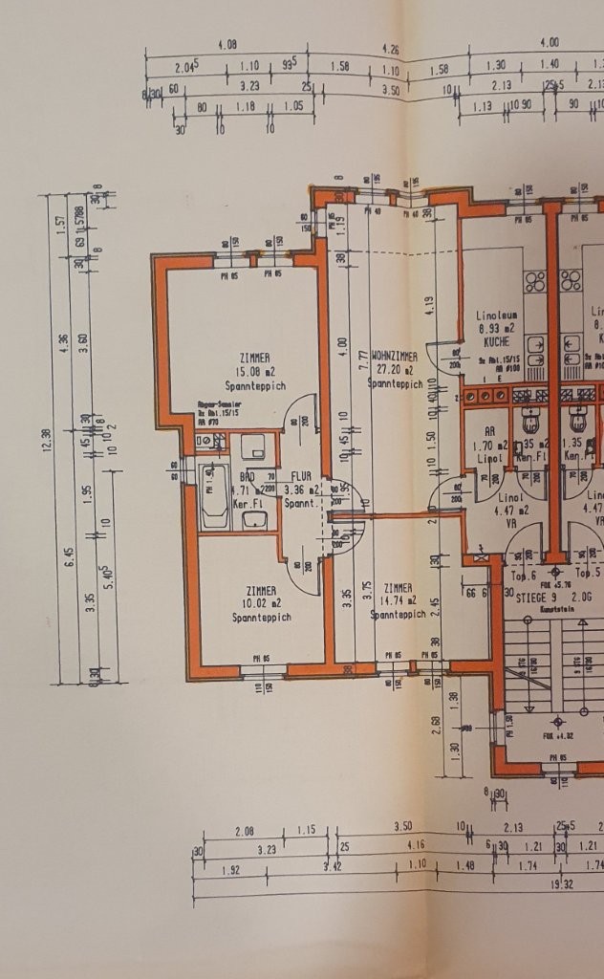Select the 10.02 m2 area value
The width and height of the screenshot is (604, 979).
pos(261,603)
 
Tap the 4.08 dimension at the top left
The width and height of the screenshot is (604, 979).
pos(227,44)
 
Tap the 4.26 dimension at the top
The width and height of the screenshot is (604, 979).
pos(390,48)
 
